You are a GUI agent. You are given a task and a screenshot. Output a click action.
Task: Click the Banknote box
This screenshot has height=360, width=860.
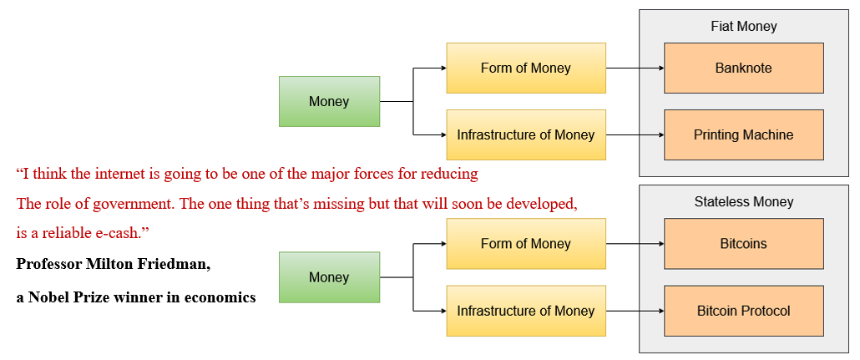click(743, 68)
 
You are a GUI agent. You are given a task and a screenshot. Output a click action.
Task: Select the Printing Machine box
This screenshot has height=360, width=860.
click(743, 134)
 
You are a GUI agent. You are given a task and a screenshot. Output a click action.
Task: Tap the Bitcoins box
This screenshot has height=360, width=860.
click(743, 244)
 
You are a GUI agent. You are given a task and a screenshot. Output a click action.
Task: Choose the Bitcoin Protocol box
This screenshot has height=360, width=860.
click(743, 311)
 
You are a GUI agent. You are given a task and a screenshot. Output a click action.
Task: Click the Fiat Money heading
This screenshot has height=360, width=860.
click(743, 26)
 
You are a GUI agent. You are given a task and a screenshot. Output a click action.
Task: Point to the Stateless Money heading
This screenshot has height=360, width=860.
click(743, 201)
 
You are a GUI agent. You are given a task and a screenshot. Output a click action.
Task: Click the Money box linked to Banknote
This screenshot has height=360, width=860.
click(329, 102)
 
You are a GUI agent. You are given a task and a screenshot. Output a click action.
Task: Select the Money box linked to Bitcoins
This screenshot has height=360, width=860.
click(329, 277)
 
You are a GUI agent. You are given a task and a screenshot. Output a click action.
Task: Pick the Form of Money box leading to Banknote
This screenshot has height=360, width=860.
click(526, 68)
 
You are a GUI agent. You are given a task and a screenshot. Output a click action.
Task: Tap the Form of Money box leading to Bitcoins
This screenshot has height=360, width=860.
click(526, 244)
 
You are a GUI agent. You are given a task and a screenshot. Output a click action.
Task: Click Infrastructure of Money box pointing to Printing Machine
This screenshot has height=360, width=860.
click(526, 134)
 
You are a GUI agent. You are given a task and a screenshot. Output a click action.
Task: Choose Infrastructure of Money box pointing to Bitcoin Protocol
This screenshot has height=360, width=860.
click(526, 311)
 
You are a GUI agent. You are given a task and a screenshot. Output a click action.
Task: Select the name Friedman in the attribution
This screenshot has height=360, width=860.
click(176, 264)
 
